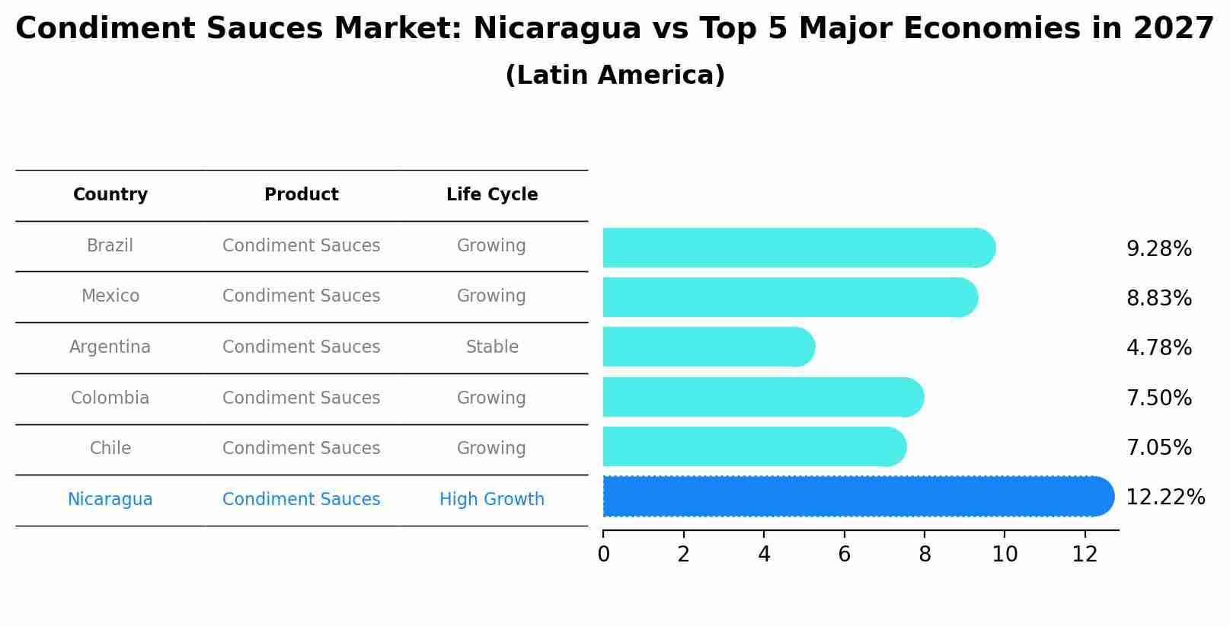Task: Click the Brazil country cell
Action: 110,246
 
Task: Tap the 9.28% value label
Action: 1158,249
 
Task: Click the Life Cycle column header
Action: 492,195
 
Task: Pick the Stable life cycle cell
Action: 492,347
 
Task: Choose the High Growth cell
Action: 492,500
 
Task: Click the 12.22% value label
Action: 1165,497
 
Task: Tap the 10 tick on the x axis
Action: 1005,555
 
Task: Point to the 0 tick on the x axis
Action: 603,555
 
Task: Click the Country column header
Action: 110,195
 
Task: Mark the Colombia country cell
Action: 110,398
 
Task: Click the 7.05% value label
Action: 1158,448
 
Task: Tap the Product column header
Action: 302,195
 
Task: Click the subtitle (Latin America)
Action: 615,75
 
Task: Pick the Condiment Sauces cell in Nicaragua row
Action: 302,500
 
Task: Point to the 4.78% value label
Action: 1158,348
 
